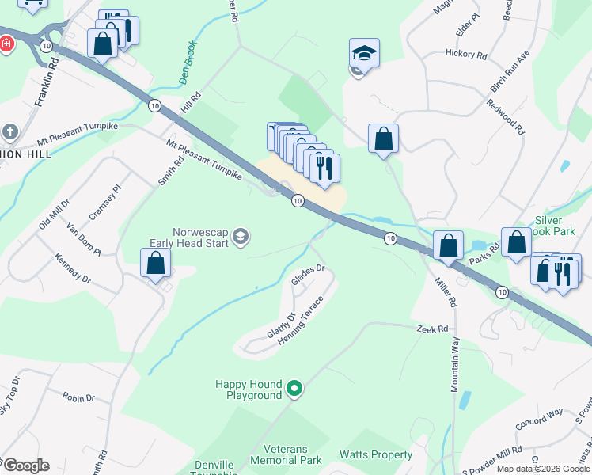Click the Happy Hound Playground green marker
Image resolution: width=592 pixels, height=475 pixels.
tap(294, 388)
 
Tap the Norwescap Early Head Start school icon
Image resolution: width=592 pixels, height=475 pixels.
tap(242, 235)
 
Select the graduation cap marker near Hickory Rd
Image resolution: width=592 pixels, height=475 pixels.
tap(364, 55)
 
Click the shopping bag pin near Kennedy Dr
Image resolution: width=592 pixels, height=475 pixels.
tap(156, 263)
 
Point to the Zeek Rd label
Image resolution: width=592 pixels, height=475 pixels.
tap(433, 329)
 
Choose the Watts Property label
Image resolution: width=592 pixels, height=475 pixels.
tap(376, 454)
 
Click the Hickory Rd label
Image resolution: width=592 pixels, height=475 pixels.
tap(465, 55)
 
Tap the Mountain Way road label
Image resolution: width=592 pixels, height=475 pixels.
tap(455, 363)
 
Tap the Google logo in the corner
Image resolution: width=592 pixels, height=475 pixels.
tap(25, 465)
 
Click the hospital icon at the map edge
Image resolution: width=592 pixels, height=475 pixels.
tap(5, 44)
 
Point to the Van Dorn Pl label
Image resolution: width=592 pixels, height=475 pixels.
tap(83, 239)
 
